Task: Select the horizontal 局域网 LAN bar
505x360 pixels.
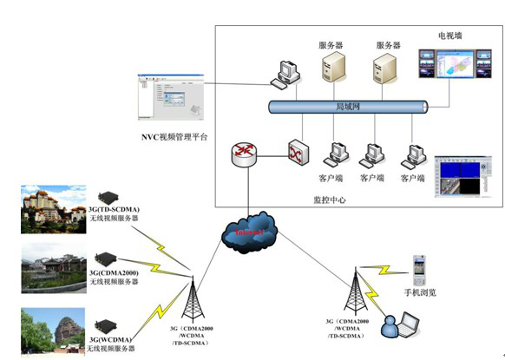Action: pyautogui.click(x=347, y=107)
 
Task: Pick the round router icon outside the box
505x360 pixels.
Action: pyautogui.click(x=245, y=154)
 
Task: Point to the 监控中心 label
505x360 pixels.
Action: pyautogui.click(x=330, y=199)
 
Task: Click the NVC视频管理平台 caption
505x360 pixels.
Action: pyautogui.click(x=174, y=136)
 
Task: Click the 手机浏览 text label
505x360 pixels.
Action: pyautogui.click(x=420, y=292)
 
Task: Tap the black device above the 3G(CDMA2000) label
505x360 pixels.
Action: pyautogui.click(x=110, y=259)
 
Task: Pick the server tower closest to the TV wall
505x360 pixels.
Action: pyautogui.click(x=384, y=69)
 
